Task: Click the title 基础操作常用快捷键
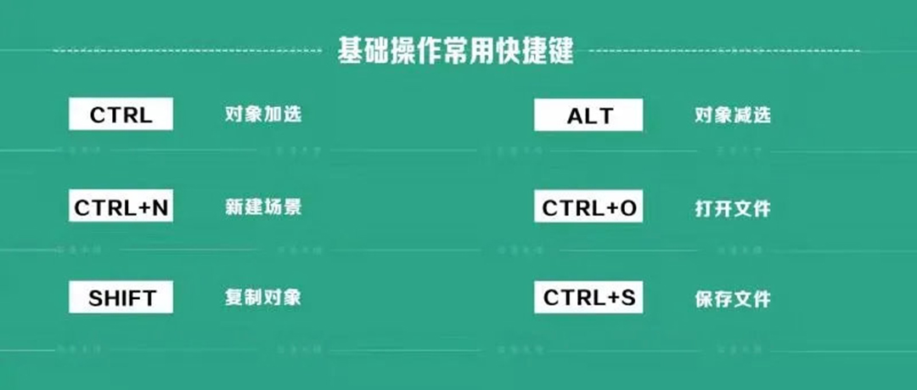point(456,52)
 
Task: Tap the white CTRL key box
point(121,115)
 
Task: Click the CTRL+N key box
point(121,206)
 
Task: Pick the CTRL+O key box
point(589,207)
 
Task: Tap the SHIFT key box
point(121,297)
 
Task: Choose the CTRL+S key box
point(589,297)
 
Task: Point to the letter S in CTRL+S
point(627,298)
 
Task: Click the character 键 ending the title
point(560,52)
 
